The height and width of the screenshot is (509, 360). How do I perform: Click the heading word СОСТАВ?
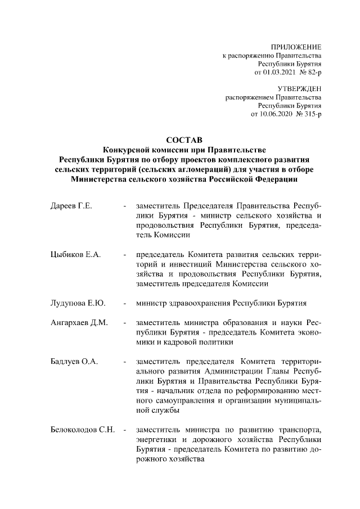[x=180, y=139]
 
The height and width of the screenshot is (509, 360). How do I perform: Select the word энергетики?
[x=156, y=440]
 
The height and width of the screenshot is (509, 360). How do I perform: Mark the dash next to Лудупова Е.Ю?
[x=124, y=304]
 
